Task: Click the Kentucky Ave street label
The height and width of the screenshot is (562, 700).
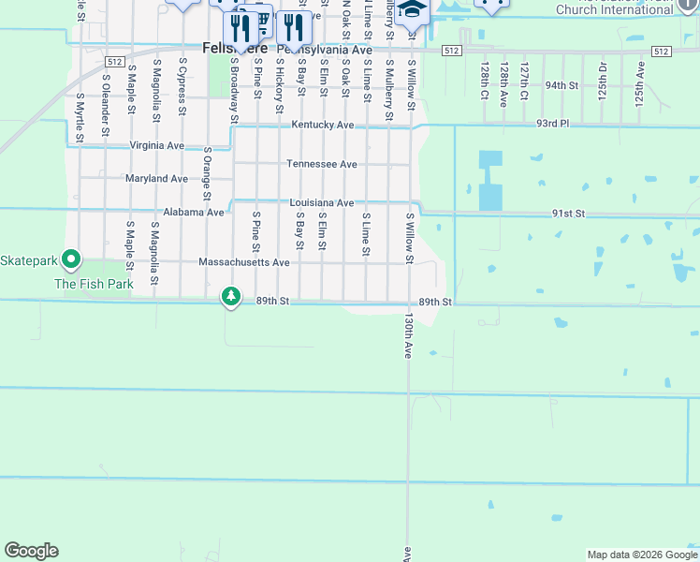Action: [x=322, y=125]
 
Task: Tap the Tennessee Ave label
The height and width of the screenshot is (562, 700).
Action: [x=321, y=164]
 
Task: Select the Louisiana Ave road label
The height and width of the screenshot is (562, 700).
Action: [x=321, y=202]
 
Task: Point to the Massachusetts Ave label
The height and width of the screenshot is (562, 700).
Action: [x=244, y=262]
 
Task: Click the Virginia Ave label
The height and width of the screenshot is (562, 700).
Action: [x=157, y=145]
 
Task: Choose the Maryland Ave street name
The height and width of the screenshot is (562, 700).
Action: [x=156, y=178]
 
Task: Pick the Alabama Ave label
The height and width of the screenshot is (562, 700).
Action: [x=194, y=212]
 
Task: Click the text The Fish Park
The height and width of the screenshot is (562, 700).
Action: [x=94, y=283]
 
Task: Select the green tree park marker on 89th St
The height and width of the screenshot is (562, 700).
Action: [x=230, y=297]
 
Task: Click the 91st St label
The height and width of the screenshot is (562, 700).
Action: [x=568, y=214]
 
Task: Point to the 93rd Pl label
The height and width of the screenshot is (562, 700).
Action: [x=553, y=123]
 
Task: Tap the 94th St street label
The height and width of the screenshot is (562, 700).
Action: [x=562, y=84]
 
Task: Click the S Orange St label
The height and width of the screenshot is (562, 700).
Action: [x=206, y=172]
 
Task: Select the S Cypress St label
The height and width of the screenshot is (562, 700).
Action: [x=182, y=87]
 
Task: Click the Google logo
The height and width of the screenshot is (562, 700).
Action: [x=31, y=550]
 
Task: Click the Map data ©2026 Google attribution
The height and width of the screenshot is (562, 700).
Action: [x=642, y=555]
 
